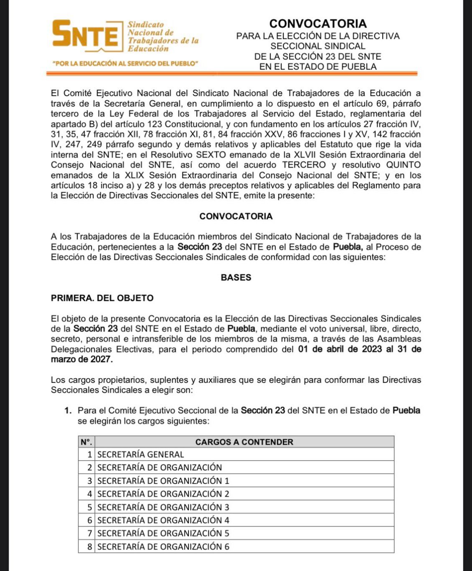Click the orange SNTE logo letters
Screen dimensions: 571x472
click(x=86, y=34)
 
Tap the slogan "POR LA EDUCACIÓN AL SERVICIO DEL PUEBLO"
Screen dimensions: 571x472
click(x=125, y=63)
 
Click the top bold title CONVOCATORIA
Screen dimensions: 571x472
click(x=318, y=23)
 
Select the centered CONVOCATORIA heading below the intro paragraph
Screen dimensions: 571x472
click(x=236, y=216)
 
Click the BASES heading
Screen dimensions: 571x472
click(x=236, y=278)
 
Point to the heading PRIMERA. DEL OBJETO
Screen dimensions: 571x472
click(x=102, y=298)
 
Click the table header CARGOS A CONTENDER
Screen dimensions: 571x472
click(x=244, y=442)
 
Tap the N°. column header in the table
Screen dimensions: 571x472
click(x=86, y=442)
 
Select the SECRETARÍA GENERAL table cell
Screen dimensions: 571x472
click(x=141, y=455)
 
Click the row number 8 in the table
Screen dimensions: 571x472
click(x=89, y=546)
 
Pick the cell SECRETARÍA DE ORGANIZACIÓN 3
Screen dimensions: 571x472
click(x=163, y=507)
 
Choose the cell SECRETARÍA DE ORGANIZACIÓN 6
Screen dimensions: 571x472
click(x=163, y=546)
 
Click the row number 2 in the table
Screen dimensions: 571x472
click(x=89, y=467)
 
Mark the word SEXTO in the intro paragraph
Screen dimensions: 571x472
click(x=211, y=155)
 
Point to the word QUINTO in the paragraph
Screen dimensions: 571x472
click(x=403, y=165)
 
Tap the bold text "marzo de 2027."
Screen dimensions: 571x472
click(x=82, y=359)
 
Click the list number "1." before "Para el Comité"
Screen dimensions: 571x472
click(x=68, y=411)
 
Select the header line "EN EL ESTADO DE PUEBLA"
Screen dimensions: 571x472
click(x=318, y=67)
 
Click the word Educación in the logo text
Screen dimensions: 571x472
click(x=148, y=49)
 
